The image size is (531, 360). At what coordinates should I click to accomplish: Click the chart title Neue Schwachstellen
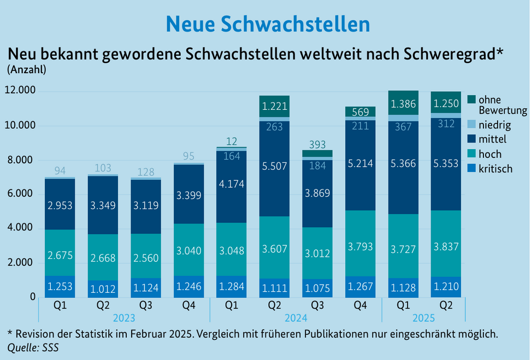(268, 23)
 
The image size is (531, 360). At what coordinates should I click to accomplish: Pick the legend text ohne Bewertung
(502, 105)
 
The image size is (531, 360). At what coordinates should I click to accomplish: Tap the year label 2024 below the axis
(296, 318)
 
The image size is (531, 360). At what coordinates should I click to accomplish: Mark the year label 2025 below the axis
(423, 318)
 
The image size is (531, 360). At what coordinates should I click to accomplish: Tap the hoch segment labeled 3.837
(446, 245)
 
